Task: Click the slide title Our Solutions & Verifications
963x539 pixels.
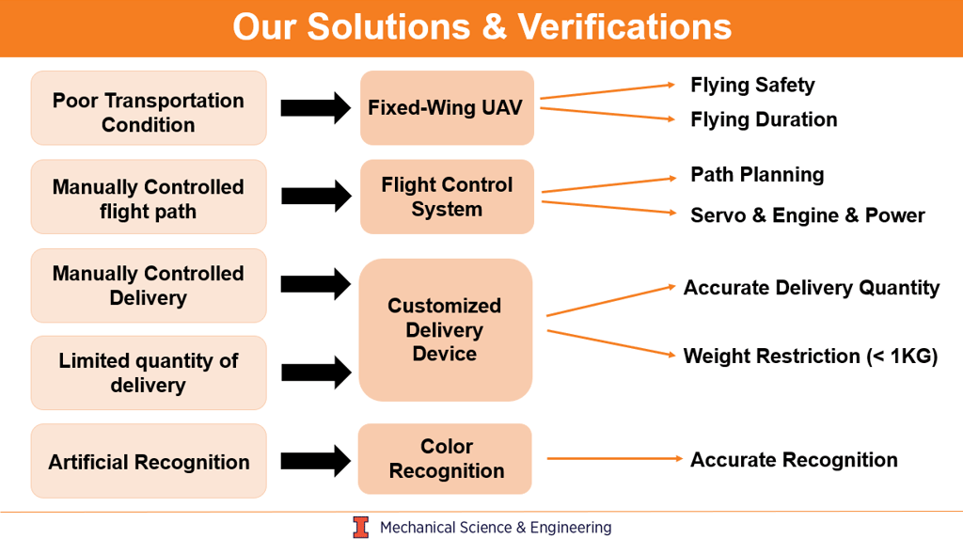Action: pyautogui.click(x=481, y=26)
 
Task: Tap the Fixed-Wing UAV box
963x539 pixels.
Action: pyautogui.click(x=447, y=107)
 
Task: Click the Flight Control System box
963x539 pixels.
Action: pyautogui.click(x=447, y=197)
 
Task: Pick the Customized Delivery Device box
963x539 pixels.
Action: pyautogui.click(x=445, y=330)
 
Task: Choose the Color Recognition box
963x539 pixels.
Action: pyautogui.click(x=445, y=459)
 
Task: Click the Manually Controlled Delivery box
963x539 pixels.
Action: pyautogui.click(x=149, y=285)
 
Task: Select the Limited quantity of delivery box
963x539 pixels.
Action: pyautogui.click(x=149, y=373)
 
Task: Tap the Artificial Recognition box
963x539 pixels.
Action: pyautogui.click(x=149, y=461)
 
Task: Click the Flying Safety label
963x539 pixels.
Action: pyautogui.click(x=752, y=85)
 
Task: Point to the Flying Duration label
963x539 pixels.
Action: pyautogui.click(x=764, y=119)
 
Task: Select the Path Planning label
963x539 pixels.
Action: pyautogui.click(x=757, y=174)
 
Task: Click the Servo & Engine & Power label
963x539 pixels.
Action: pyautogui.click(x=807, y=215)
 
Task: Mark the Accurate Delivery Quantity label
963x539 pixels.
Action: pyautogui.click(x=811, y=288)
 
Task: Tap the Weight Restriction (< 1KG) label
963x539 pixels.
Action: pyautogui.click(x=810, y=356)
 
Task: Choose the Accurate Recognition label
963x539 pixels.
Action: pyautogui.click(x=794, y=460)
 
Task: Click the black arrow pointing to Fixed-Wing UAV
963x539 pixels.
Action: pyautogui.click(x=314, y=108)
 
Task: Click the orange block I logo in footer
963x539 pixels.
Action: pyautogui.click(x=361, y=528)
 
